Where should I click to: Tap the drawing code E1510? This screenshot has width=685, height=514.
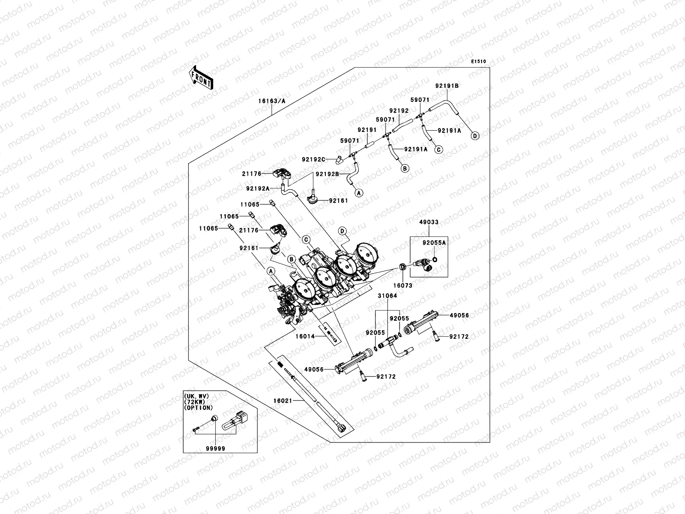tap(479, 62)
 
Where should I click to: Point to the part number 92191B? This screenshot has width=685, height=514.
tap(447, 86)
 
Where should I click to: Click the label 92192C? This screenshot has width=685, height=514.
tap(314, 159)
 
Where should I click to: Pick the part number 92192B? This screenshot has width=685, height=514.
tap(328, 174)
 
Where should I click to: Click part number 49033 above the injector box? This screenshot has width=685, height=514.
tap(429, 223)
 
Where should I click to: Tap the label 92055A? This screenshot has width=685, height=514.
tap(434, 242)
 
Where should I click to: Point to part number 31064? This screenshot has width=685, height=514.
tap(387, 296)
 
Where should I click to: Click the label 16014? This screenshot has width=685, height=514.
tap(305, 337)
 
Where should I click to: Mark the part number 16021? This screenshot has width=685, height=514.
tap(283, 401)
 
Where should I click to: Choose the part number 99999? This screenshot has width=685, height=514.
tap(215, 448)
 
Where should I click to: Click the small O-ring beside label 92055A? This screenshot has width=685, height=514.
tap(435, 259)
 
